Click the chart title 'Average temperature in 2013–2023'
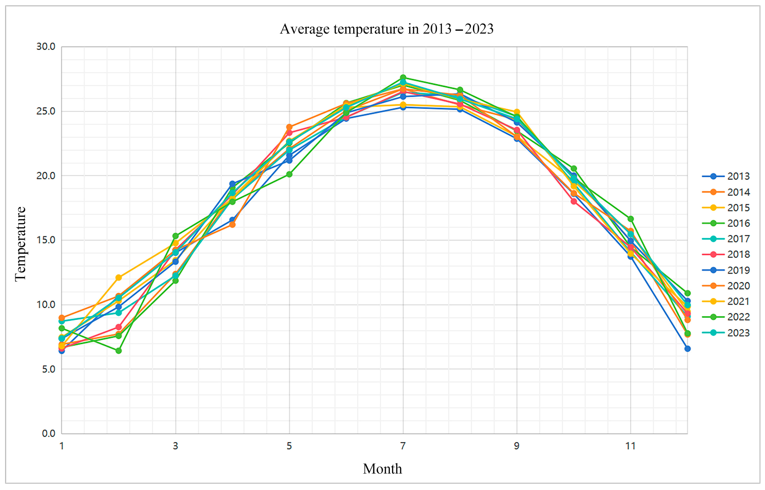click(387, 29)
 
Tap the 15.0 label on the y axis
click(46, 240)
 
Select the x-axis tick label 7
click(403, 446)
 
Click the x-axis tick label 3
click(175, 446)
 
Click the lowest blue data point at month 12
click(687, 349)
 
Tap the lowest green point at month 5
click(289, 174)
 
